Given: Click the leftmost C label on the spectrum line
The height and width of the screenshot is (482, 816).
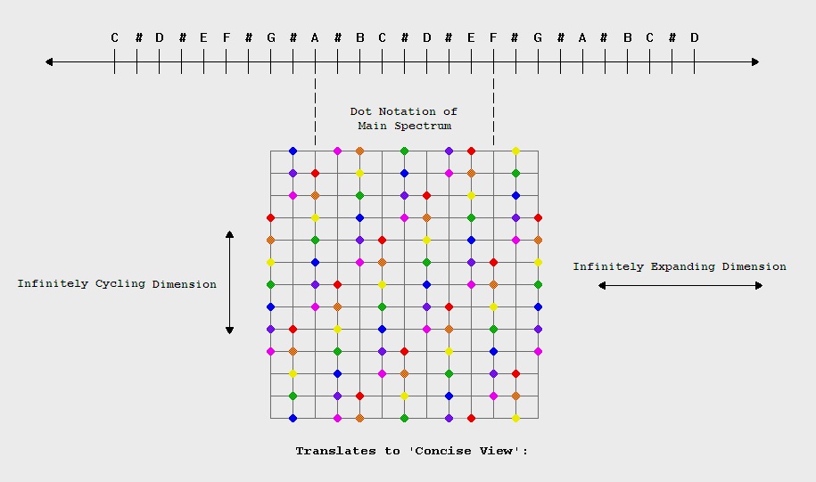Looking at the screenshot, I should point(114,37).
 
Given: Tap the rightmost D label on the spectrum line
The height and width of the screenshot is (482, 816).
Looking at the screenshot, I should point(694,37).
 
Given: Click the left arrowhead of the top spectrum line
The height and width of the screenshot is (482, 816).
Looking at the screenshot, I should point(50,61).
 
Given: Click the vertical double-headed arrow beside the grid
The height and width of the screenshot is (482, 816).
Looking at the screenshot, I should point(229,282).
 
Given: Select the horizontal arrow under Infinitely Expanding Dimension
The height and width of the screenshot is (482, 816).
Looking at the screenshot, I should point(680,285).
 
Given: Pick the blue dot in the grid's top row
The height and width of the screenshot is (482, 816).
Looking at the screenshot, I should point(293,151).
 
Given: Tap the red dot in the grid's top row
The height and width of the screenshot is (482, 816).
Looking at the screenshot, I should point(471,151).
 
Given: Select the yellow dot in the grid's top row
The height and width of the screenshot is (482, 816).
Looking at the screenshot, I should point(515,151).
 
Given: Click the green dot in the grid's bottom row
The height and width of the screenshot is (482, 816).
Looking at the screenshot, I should point(404,418).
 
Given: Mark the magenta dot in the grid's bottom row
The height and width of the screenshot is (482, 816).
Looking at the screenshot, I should point(337,418).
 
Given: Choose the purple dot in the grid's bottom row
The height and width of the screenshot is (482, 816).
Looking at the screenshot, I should point(449,418).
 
